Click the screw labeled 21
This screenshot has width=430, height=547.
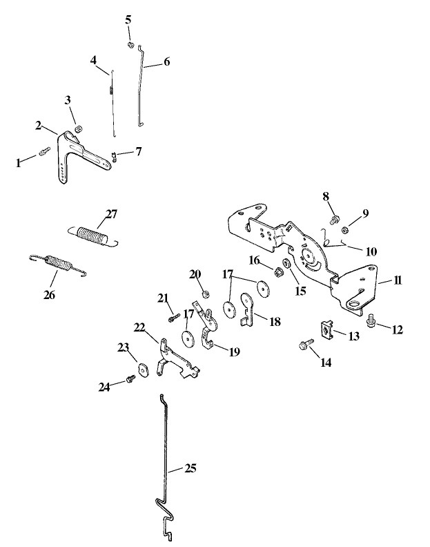(x=173, y=318)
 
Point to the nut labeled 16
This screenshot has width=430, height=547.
(x=282, y=270)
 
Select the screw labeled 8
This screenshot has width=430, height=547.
(x=334, y=221)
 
